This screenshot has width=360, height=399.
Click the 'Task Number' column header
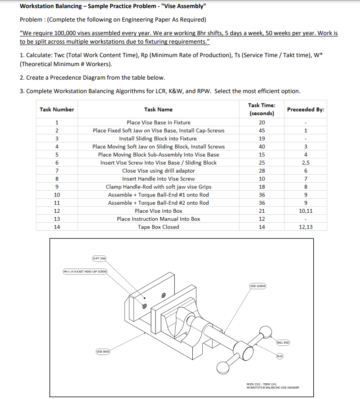[57, 109]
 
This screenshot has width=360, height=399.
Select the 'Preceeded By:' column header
[305, 109]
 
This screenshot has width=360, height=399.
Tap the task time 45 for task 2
[262, 130]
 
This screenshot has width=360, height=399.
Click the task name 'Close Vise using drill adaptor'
[158, 171]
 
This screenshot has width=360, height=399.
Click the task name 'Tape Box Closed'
[158, 227]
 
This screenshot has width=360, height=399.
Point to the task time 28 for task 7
[262, 171]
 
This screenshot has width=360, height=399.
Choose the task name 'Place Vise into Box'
[158, 211]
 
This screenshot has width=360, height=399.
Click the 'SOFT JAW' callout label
[99, 259]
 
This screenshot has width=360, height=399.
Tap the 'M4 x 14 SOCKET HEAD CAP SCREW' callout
[84, 271]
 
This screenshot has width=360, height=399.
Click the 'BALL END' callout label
[283, 343]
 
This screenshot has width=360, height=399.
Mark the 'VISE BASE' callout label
[102, 351]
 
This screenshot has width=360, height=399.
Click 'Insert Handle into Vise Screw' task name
[158, 179]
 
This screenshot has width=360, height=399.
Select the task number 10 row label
[57, 195]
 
